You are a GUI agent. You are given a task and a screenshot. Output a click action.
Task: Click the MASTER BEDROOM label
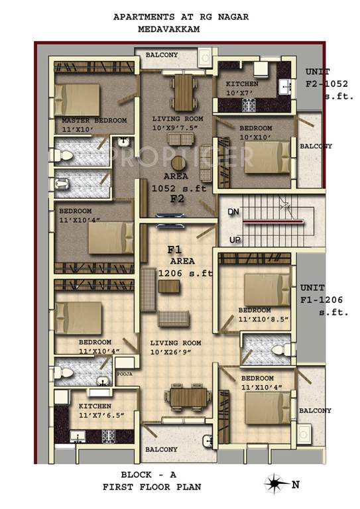93,121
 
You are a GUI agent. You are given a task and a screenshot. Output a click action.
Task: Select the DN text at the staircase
233,211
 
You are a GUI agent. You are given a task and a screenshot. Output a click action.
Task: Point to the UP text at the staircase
235,239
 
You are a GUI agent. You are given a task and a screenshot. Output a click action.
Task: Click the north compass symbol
274,484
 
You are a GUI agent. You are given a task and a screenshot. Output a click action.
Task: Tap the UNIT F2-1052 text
324,84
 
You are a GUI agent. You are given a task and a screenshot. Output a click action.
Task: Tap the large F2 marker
176,198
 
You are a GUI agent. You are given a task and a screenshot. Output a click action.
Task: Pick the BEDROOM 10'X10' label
255,132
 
